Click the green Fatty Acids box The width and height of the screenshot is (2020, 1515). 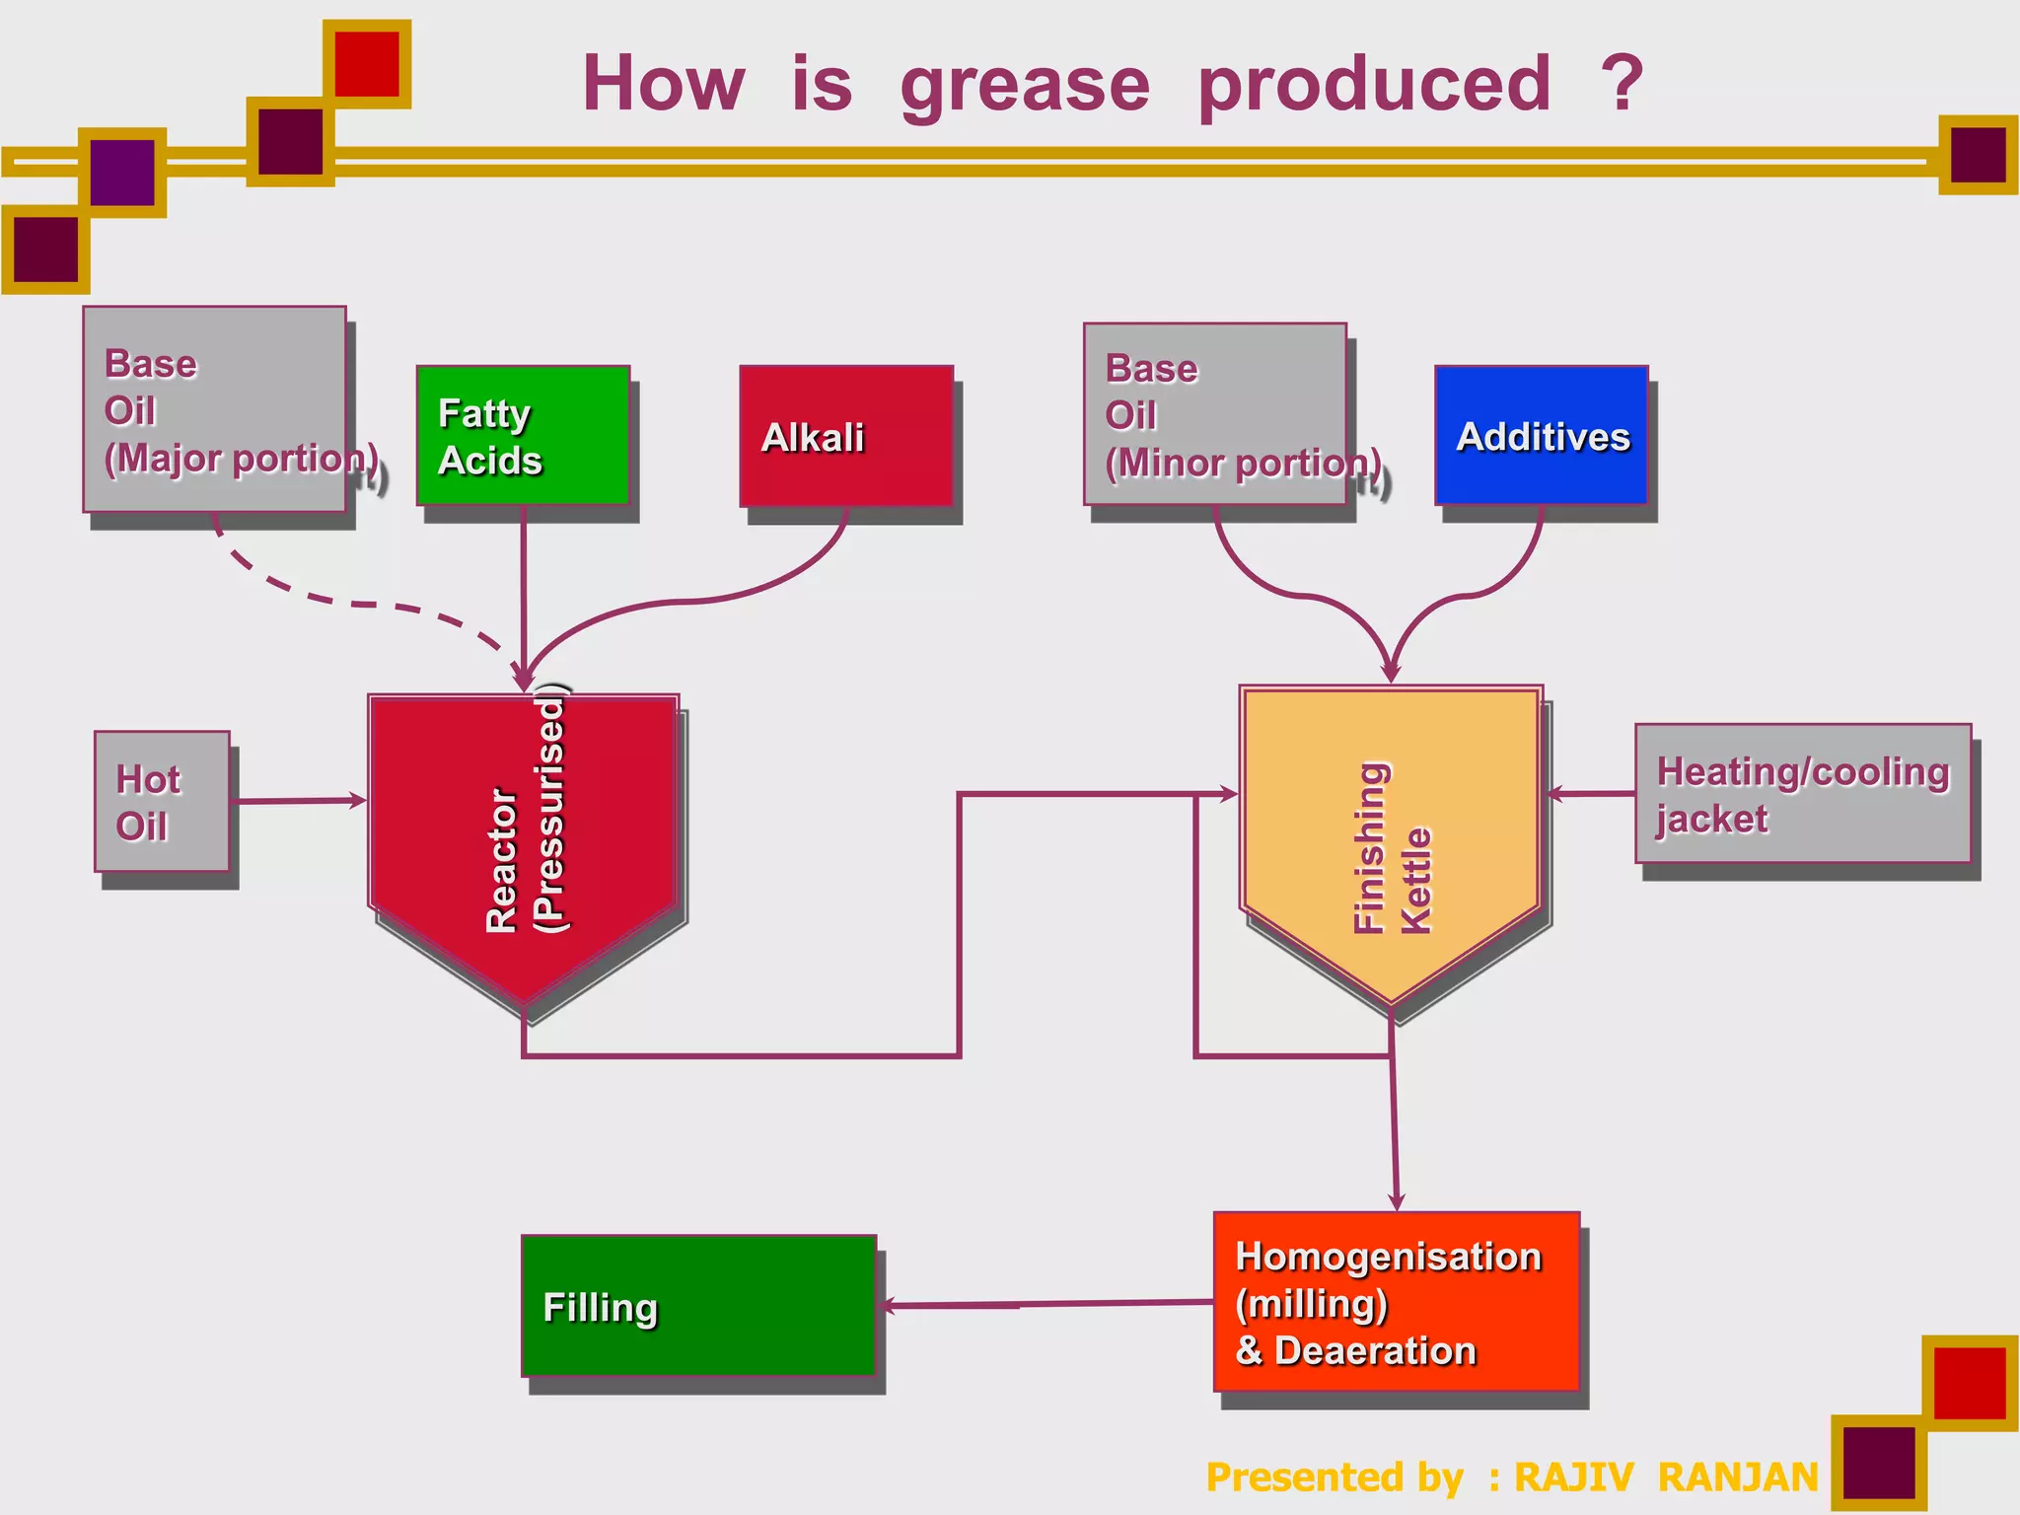click(x=523, y=435)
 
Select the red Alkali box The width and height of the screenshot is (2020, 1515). click(x=846, y=436)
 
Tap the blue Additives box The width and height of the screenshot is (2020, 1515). click(x=1542, y=436)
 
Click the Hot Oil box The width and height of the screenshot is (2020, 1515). click(x=162, y=801)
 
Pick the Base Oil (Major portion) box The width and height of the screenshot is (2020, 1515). click(x=214, y=409)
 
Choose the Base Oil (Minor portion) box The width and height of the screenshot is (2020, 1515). click(x=1215, y=414)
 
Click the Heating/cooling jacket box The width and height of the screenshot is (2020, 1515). click(x=1803, y=794)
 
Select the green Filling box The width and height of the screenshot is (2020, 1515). click(x=698, y=1305)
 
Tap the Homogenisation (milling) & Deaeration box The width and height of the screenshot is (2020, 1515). click(x=1397, y=1302)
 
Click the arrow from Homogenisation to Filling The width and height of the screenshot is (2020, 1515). click(x=1046, y=1305)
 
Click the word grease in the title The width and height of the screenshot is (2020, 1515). click(x=1025, y=85)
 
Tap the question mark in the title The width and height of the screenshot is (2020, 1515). click(x=1622, y=83)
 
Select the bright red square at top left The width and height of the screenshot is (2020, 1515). click(x=367, y=64)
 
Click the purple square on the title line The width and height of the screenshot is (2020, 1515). click(x=122, y=173)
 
